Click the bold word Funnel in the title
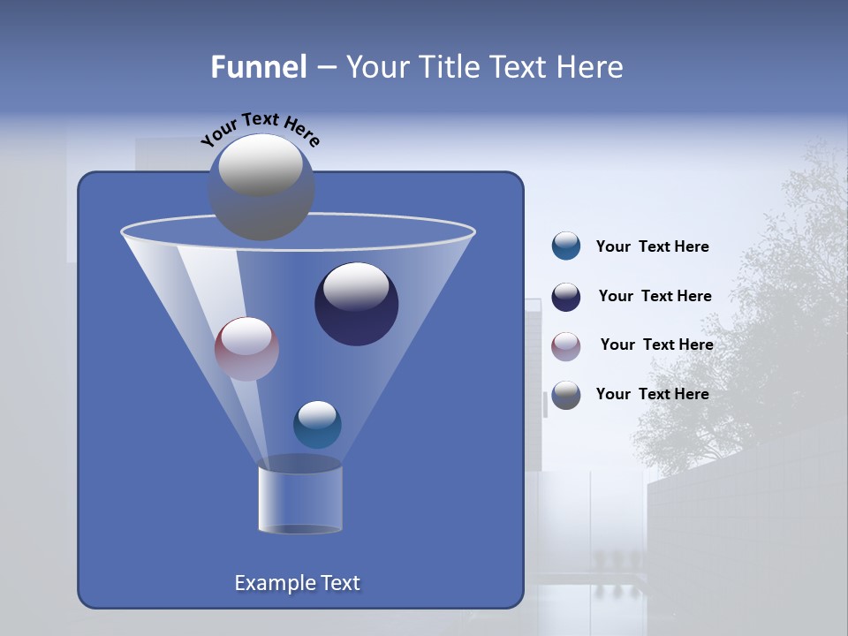pos(258,67)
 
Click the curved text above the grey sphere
pos(260,129)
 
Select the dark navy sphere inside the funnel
pos(356,305)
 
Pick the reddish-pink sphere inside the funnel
pos(246,349)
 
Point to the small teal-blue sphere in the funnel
pos(317,425)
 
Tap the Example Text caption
pos(297,583)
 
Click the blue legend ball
pos(565,246)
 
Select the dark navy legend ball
pos(565,297)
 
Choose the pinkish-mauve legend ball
pos(565,345)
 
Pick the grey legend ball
pos(565,395)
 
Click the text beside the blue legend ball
pos(652,247)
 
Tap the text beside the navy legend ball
pos(655,297)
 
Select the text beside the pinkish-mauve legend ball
pos(656,345)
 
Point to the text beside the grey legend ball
pos(652,395)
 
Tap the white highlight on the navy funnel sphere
pos(355,287)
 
